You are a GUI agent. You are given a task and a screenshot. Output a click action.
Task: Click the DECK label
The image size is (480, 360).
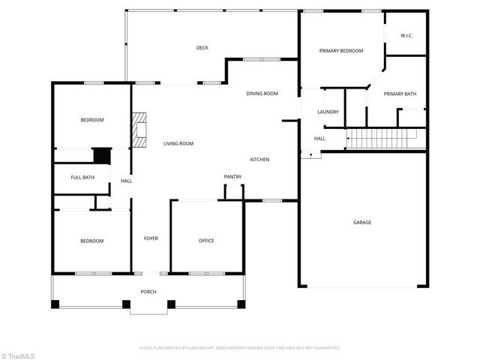pos(202,48)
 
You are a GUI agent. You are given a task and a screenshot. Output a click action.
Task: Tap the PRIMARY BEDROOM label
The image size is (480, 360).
pos(340,51)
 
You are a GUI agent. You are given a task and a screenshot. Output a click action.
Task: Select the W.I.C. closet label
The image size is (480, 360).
pos(406,35)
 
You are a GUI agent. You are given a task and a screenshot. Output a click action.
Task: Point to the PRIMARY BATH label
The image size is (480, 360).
pos(400,94)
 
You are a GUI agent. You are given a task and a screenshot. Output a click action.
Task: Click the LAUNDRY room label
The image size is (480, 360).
pos(328,112)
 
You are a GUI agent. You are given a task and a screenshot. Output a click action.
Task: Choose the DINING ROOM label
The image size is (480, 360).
pos(262,94)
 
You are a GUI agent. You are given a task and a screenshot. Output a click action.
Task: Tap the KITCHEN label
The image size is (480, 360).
pos(259,160)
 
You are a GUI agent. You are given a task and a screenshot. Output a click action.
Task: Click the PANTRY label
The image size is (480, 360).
pos(232,177)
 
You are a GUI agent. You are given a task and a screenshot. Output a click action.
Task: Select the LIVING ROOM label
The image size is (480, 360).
pos(178,143)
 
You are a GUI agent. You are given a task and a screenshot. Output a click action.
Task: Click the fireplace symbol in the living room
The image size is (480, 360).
pos(139,130)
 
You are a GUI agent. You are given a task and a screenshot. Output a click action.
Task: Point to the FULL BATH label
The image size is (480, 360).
pos(82,177)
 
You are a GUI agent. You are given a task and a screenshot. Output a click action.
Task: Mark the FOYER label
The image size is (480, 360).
pos(151,240)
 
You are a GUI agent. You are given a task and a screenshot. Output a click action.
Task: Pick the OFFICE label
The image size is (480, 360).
pos(206,241)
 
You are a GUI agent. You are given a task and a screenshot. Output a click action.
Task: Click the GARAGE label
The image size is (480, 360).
pos(362,222)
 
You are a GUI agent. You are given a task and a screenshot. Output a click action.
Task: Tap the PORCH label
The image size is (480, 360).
pos(148,291)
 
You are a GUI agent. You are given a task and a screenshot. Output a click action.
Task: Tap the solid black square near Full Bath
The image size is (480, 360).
pos(100,155)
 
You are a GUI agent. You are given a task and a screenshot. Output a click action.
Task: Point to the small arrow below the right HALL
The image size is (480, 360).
pos(306,155)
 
